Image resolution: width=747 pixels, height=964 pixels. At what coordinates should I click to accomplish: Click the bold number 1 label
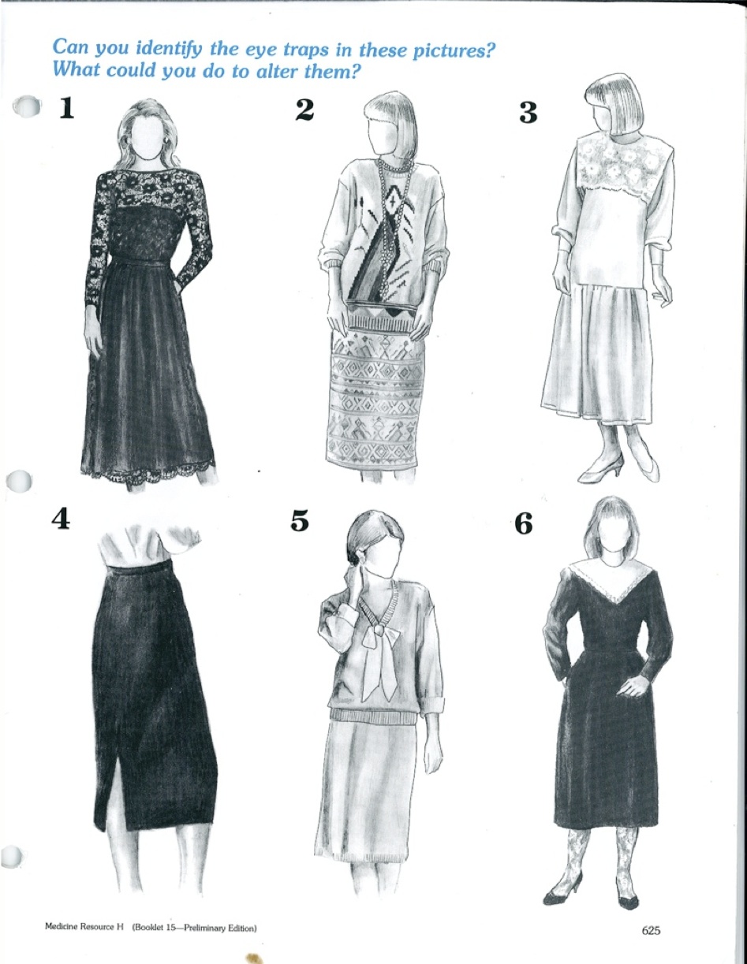tap(66, 108)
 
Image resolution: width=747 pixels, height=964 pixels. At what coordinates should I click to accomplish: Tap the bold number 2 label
tap(304, 110)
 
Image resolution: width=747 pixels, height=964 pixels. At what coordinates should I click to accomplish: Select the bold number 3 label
tap(528, 113)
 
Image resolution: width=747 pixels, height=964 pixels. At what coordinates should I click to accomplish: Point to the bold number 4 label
tap(61, 519)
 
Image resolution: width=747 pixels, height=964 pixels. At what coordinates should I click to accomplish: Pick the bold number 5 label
tap(300, 520)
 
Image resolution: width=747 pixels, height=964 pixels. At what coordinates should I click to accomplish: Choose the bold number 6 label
tap(524, 523)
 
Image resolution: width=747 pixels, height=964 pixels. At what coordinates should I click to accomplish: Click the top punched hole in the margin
tap(27, 106)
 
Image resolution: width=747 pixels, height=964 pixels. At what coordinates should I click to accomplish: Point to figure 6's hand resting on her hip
tap(633, 687)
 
